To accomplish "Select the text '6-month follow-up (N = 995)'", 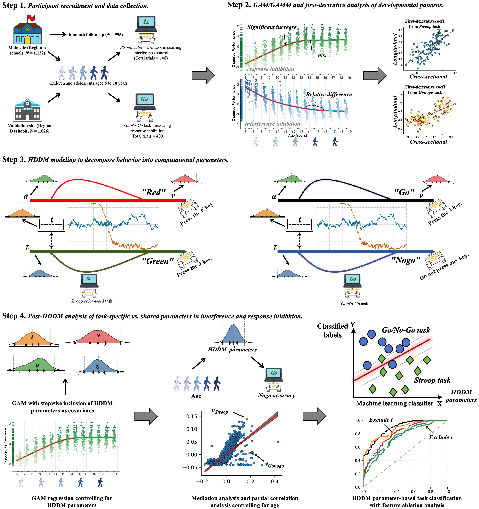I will (96, 35).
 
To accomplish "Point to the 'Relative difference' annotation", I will (329, 94).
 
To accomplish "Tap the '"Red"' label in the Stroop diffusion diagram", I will (154, 192).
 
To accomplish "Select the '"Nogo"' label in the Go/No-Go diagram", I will (406, 260).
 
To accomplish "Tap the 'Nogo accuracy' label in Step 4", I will (277, 395).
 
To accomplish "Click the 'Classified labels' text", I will (332, 331).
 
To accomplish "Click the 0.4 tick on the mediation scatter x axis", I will (274, 482).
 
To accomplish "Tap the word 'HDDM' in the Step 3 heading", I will (37, 160).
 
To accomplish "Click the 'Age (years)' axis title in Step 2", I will (297, 135).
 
